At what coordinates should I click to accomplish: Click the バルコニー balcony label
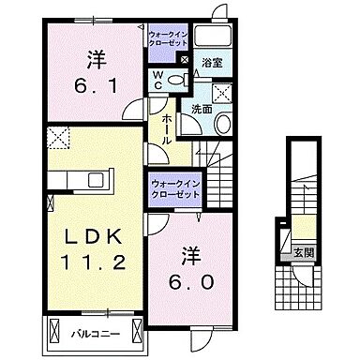tap(92, 332)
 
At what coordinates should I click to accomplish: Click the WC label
tap(157, 80)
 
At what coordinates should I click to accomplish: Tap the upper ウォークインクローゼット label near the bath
tap(168, 39)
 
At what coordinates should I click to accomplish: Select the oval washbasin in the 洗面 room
tap(222, 125)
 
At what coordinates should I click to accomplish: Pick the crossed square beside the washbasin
tap(223, 92)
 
